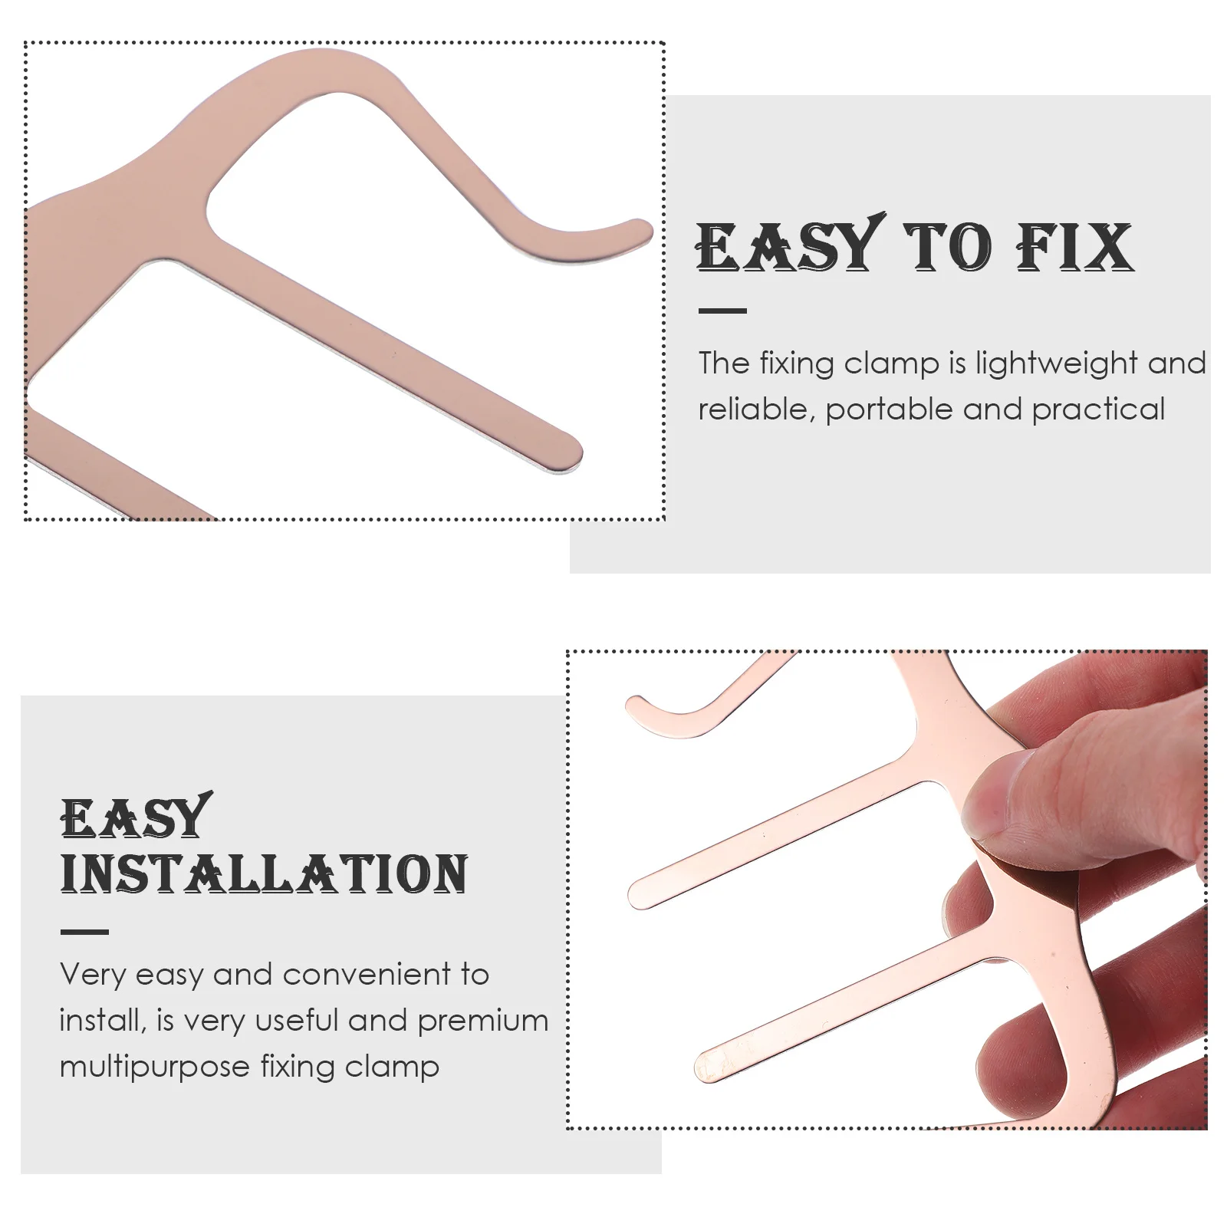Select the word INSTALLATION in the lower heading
(x=264, y=874)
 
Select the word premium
(x=483, y=1021)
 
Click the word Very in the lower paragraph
(x=93, y=975)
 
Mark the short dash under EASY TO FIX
(x=722, y=311)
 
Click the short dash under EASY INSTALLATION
(x=84, y=932)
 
